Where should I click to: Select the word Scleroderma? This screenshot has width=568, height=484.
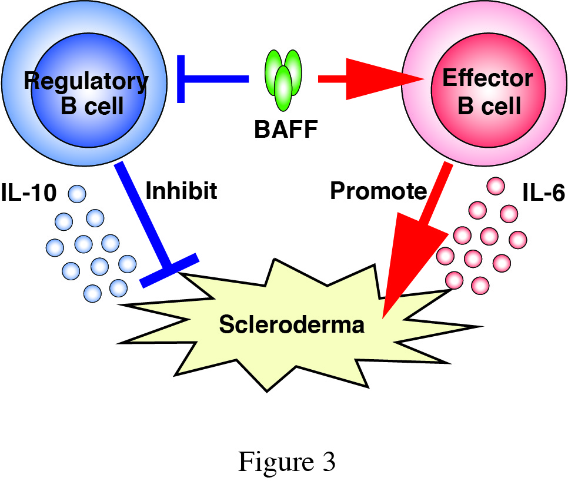coord(292,324)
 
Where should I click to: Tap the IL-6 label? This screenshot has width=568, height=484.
coord(543,193)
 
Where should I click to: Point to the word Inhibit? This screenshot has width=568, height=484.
coord(181,191)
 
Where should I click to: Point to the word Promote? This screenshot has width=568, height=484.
coord(378,191)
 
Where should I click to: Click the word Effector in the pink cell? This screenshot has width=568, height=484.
coord(479,78)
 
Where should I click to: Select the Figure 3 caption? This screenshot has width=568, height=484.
coord(286,462)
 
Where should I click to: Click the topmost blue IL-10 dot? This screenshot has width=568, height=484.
coord(77,193)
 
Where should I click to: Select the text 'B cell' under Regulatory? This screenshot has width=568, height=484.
coord(92,106)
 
